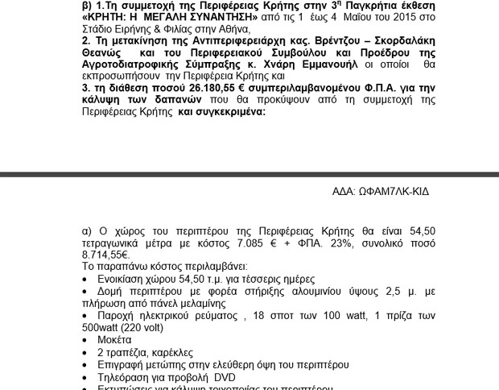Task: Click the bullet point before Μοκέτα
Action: coord(85,340)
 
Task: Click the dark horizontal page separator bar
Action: coord(249,174)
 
